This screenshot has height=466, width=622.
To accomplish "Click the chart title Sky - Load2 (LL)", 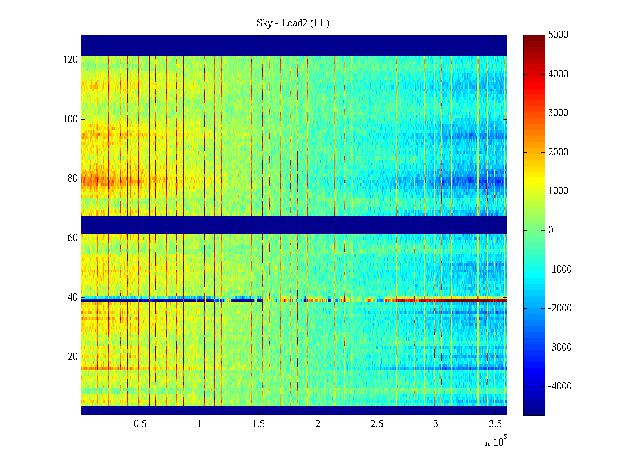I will click(x=293, y=23).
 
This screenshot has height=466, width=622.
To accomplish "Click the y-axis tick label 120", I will click(x=70, y=60).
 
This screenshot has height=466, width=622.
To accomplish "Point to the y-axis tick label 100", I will click(x=70, y=119).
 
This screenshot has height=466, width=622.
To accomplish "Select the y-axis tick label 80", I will click(x=73, y=179).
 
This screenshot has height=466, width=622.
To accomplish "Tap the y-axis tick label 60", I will click(x=73, y=238).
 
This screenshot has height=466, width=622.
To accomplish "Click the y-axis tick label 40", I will click(x=73, y=297).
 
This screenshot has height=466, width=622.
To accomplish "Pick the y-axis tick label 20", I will click(x=73, y=357).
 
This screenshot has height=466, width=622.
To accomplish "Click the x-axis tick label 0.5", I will click(x=140, y=424).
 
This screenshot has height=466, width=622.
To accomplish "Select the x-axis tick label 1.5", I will click(x=258, y=424).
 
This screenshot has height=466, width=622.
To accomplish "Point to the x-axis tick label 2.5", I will click(x=377, y=424).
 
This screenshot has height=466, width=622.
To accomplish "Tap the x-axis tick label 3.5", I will click(x=495, y=424).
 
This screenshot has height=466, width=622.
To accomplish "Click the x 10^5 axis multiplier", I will click(x=496, y=442).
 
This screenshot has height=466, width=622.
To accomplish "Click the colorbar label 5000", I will click(x=558, y=35).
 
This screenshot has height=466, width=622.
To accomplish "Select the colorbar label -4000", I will click(x=559, y=386).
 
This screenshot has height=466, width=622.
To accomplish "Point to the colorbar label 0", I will click(x=550, y=230).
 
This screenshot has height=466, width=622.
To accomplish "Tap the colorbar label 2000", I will click(x=558, y=152).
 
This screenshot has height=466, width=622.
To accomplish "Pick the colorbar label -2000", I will click(x=559, y=308).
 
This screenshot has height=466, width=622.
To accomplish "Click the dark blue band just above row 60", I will click(x=294, y=224).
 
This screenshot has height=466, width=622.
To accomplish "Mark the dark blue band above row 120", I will click(x=294, y=45).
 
